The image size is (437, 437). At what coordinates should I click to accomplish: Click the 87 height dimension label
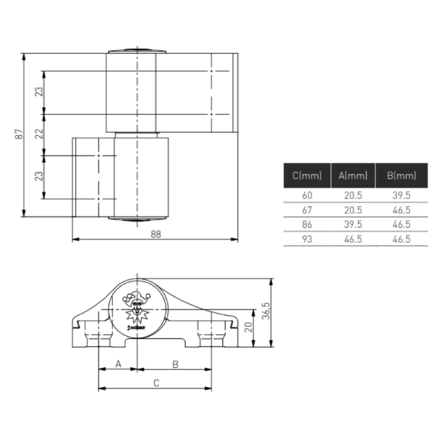19,134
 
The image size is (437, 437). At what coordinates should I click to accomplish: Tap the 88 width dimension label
156,234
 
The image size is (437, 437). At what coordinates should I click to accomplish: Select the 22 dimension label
39,134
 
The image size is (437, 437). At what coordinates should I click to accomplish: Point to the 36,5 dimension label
266,311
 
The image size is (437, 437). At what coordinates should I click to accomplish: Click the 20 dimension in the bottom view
249,327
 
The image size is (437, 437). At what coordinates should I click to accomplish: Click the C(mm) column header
307,176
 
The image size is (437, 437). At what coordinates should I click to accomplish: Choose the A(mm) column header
353,176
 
